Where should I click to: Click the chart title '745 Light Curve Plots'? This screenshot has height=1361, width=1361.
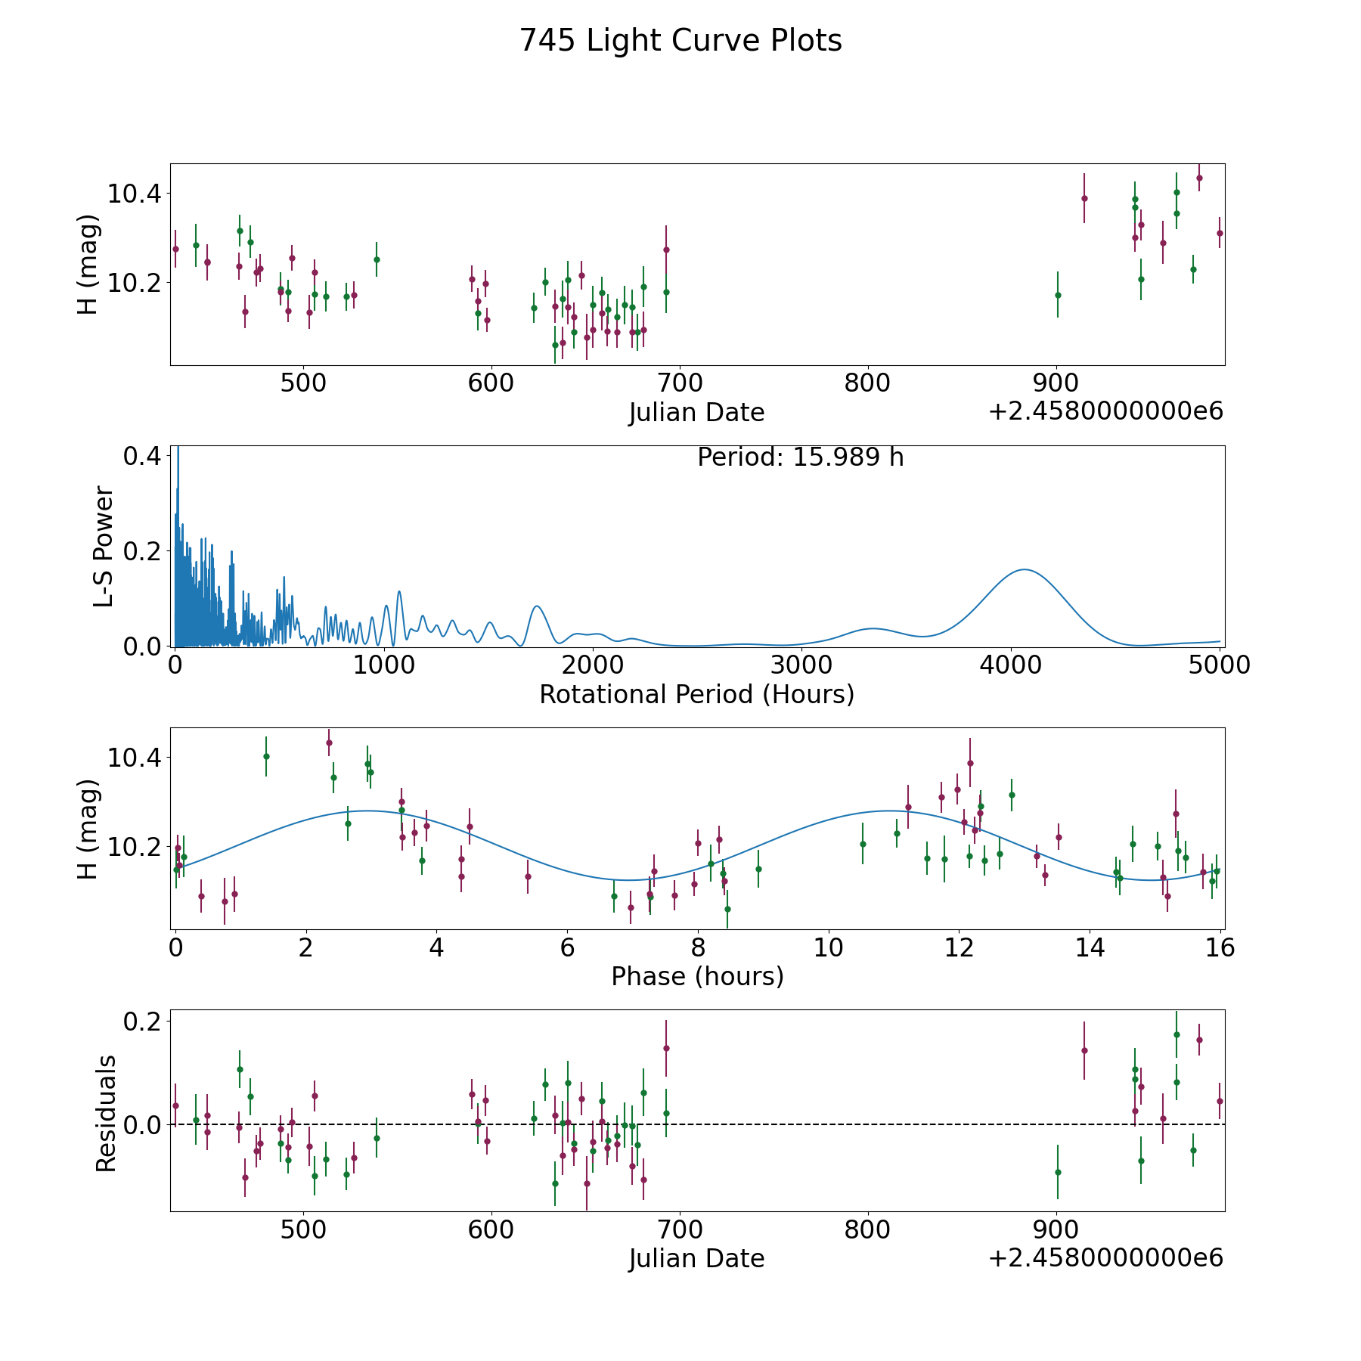680,41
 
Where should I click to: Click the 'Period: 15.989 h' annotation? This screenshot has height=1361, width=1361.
800,457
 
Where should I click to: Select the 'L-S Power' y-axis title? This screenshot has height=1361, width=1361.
104,547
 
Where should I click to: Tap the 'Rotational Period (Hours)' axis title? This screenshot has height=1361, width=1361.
696,694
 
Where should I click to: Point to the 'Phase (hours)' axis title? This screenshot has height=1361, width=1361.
697,976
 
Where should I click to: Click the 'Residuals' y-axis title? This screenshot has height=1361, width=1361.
106,1113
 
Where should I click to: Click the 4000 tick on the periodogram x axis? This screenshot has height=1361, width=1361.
1010,665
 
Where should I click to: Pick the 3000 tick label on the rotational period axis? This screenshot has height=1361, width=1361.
801,665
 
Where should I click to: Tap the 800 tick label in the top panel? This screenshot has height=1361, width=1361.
867,383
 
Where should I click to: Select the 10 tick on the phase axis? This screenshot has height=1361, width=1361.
829,947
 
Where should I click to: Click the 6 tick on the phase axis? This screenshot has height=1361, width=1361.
567,947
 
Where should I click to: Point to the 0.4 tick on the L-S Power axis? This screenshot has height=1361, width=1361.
142,456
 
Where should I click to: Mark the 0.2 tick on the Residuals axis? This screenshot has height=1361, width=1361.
142,1022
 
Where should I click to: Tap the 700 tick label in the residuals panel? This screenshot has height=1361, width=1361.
680,1229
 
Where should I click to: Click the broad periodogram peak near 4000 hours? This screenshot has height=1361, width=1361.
1025,569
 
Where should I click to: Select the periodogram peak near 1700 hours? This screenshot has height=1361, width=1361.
536,606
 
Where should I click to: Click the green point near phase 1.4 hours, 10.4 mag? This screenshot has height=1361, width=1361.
266,756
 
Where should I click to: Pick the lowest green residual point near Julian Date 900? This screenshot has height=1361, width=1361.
1058,1172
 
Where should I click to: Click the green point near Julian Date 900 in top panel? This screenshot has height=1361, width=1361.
1058,294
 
